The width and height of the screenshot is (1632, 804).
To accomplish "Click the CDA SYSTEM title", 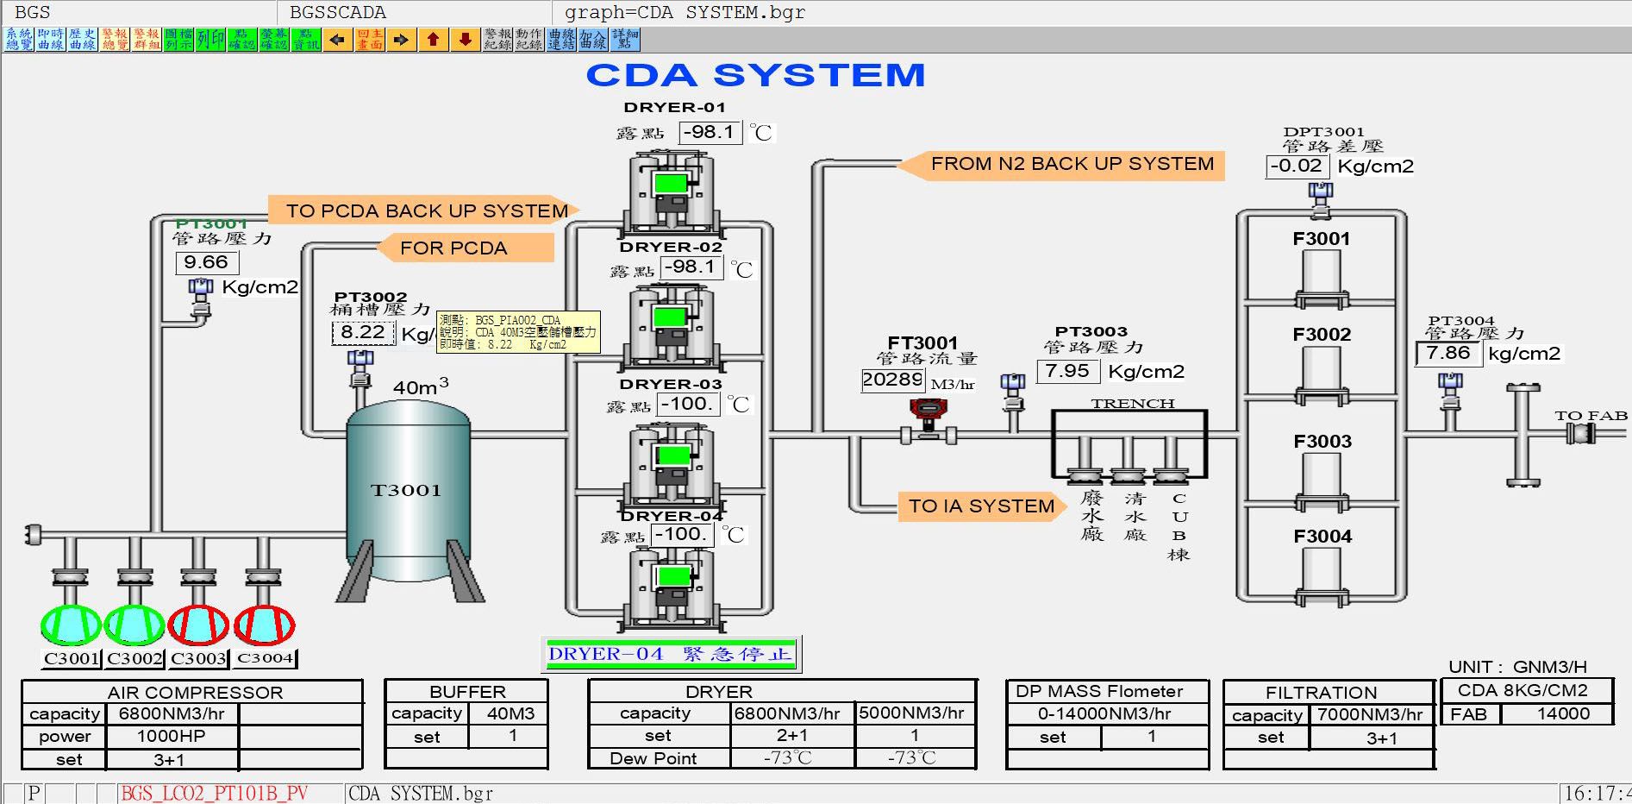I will point(755,75).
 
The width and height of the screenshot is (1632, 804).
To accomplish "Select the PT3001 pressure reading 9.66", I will point(206,262).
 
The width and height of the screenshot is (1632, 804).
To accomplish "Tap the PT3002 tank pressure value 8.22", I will point(363,332).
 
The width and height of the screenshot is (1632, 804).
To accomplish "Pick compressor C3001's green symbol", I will point(71,625).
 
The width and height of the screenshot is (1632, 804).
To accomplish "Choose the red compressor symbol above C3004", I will point(265,625).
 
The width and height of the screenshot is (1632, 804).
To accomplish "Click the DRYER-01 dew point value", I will point(710,132).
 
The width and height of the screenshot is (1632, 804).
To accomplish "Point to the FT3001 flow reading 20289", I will point(892,380).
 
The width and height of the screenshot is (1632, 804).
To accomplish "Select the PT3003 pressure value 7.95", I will point(1067,371).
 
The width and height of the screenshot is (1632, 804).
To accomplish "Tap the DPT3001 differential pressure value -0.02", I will point(1296,166).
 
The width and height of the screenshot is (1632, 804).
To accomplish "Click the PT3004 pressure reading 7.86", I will point(1448,353).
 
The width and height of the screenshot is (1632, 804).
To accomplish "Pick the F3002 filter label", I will point(1322,335).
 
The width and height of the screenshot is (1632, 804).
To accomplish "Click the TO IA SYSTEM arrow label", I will point(980,506).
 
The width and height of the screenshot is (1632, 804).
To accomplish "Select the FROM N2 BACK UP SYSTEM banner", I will point(1072,164).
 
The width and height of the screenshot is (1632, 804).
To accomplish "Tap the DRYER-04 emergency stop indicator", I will point(670,654).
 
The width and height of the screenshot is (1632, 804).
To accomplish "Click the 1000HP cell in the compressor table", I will point(171,736).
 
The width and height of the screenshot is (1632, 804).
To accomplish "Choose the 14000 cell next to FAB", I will point(1563,713).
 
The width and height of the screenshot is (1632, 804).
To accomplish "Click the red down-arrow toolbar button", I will point(466,40).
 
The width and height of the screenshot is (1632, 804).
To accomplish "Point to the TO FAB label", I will point(1591,416).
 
